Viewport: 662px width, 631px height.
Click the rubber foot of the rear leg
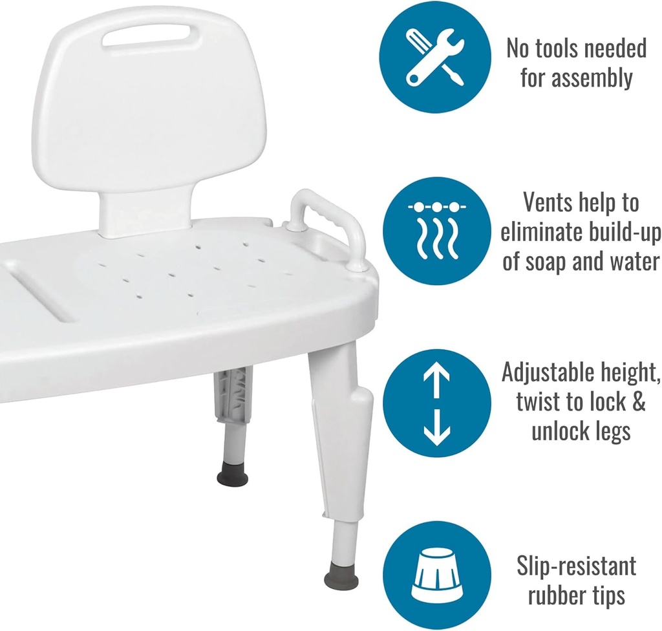233,478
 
